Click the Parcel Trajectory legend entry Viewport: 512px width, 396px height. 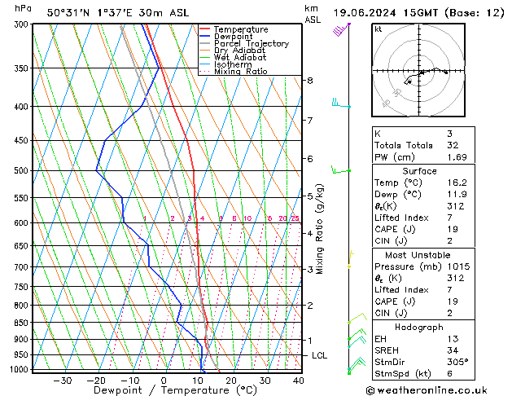251,43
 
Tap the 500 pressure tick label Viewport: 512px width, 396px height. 21,171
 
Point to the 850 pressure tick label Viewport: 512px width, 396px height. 21,323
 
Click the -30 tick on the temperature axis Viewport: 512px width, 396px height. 62,381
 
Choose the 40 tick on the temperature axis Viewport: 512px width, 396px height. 299,381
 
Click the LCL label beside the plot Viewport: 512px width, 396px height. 320,356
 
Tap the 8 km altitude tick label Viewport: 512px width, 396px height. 310,81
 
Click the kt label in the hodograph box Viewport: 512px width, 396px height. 379,29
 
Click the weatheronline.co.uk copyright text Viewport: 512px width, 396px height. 439,389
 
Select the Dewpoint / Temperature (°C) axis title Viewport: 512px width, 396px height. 163,390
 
